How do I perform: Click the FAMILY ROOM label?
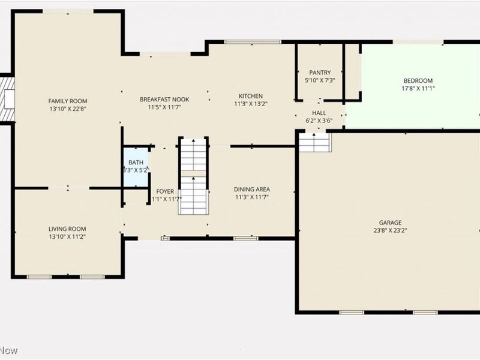68,101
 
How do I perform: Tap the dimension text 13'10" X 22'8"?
68,109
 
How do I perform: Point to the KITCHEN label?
250,96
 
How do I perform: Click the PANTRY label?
320,73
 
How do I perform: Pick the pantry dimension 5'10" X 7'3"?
320,80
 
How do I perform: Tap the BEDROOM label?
418,81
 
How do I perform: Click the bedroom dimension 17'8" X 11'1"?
418,89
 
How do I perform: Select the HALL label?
319,113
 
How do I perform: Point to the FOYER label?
165,191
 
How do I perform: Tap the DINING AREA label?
251,189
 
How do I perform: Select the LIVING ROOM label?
67,229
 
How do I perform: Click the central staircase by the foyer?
193,176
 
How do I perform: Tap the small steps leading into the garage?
315,142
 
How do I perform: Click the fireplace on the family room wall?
7,99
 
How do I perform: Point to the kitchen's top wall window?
252,41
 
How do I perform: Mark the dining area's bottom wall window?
245,238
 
